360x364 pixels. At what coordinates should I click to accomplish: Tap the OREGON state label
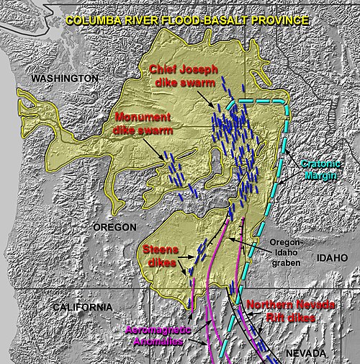114,227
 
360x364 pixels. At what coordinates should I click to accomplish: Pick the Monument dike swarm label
142,124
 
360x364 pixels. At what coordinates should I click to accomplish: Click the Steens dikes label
159,255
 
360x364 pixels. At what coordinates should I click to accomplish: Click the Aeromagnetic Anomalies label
156,335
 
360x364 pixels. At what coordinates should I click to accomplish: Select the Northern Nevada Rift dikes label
290,311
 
